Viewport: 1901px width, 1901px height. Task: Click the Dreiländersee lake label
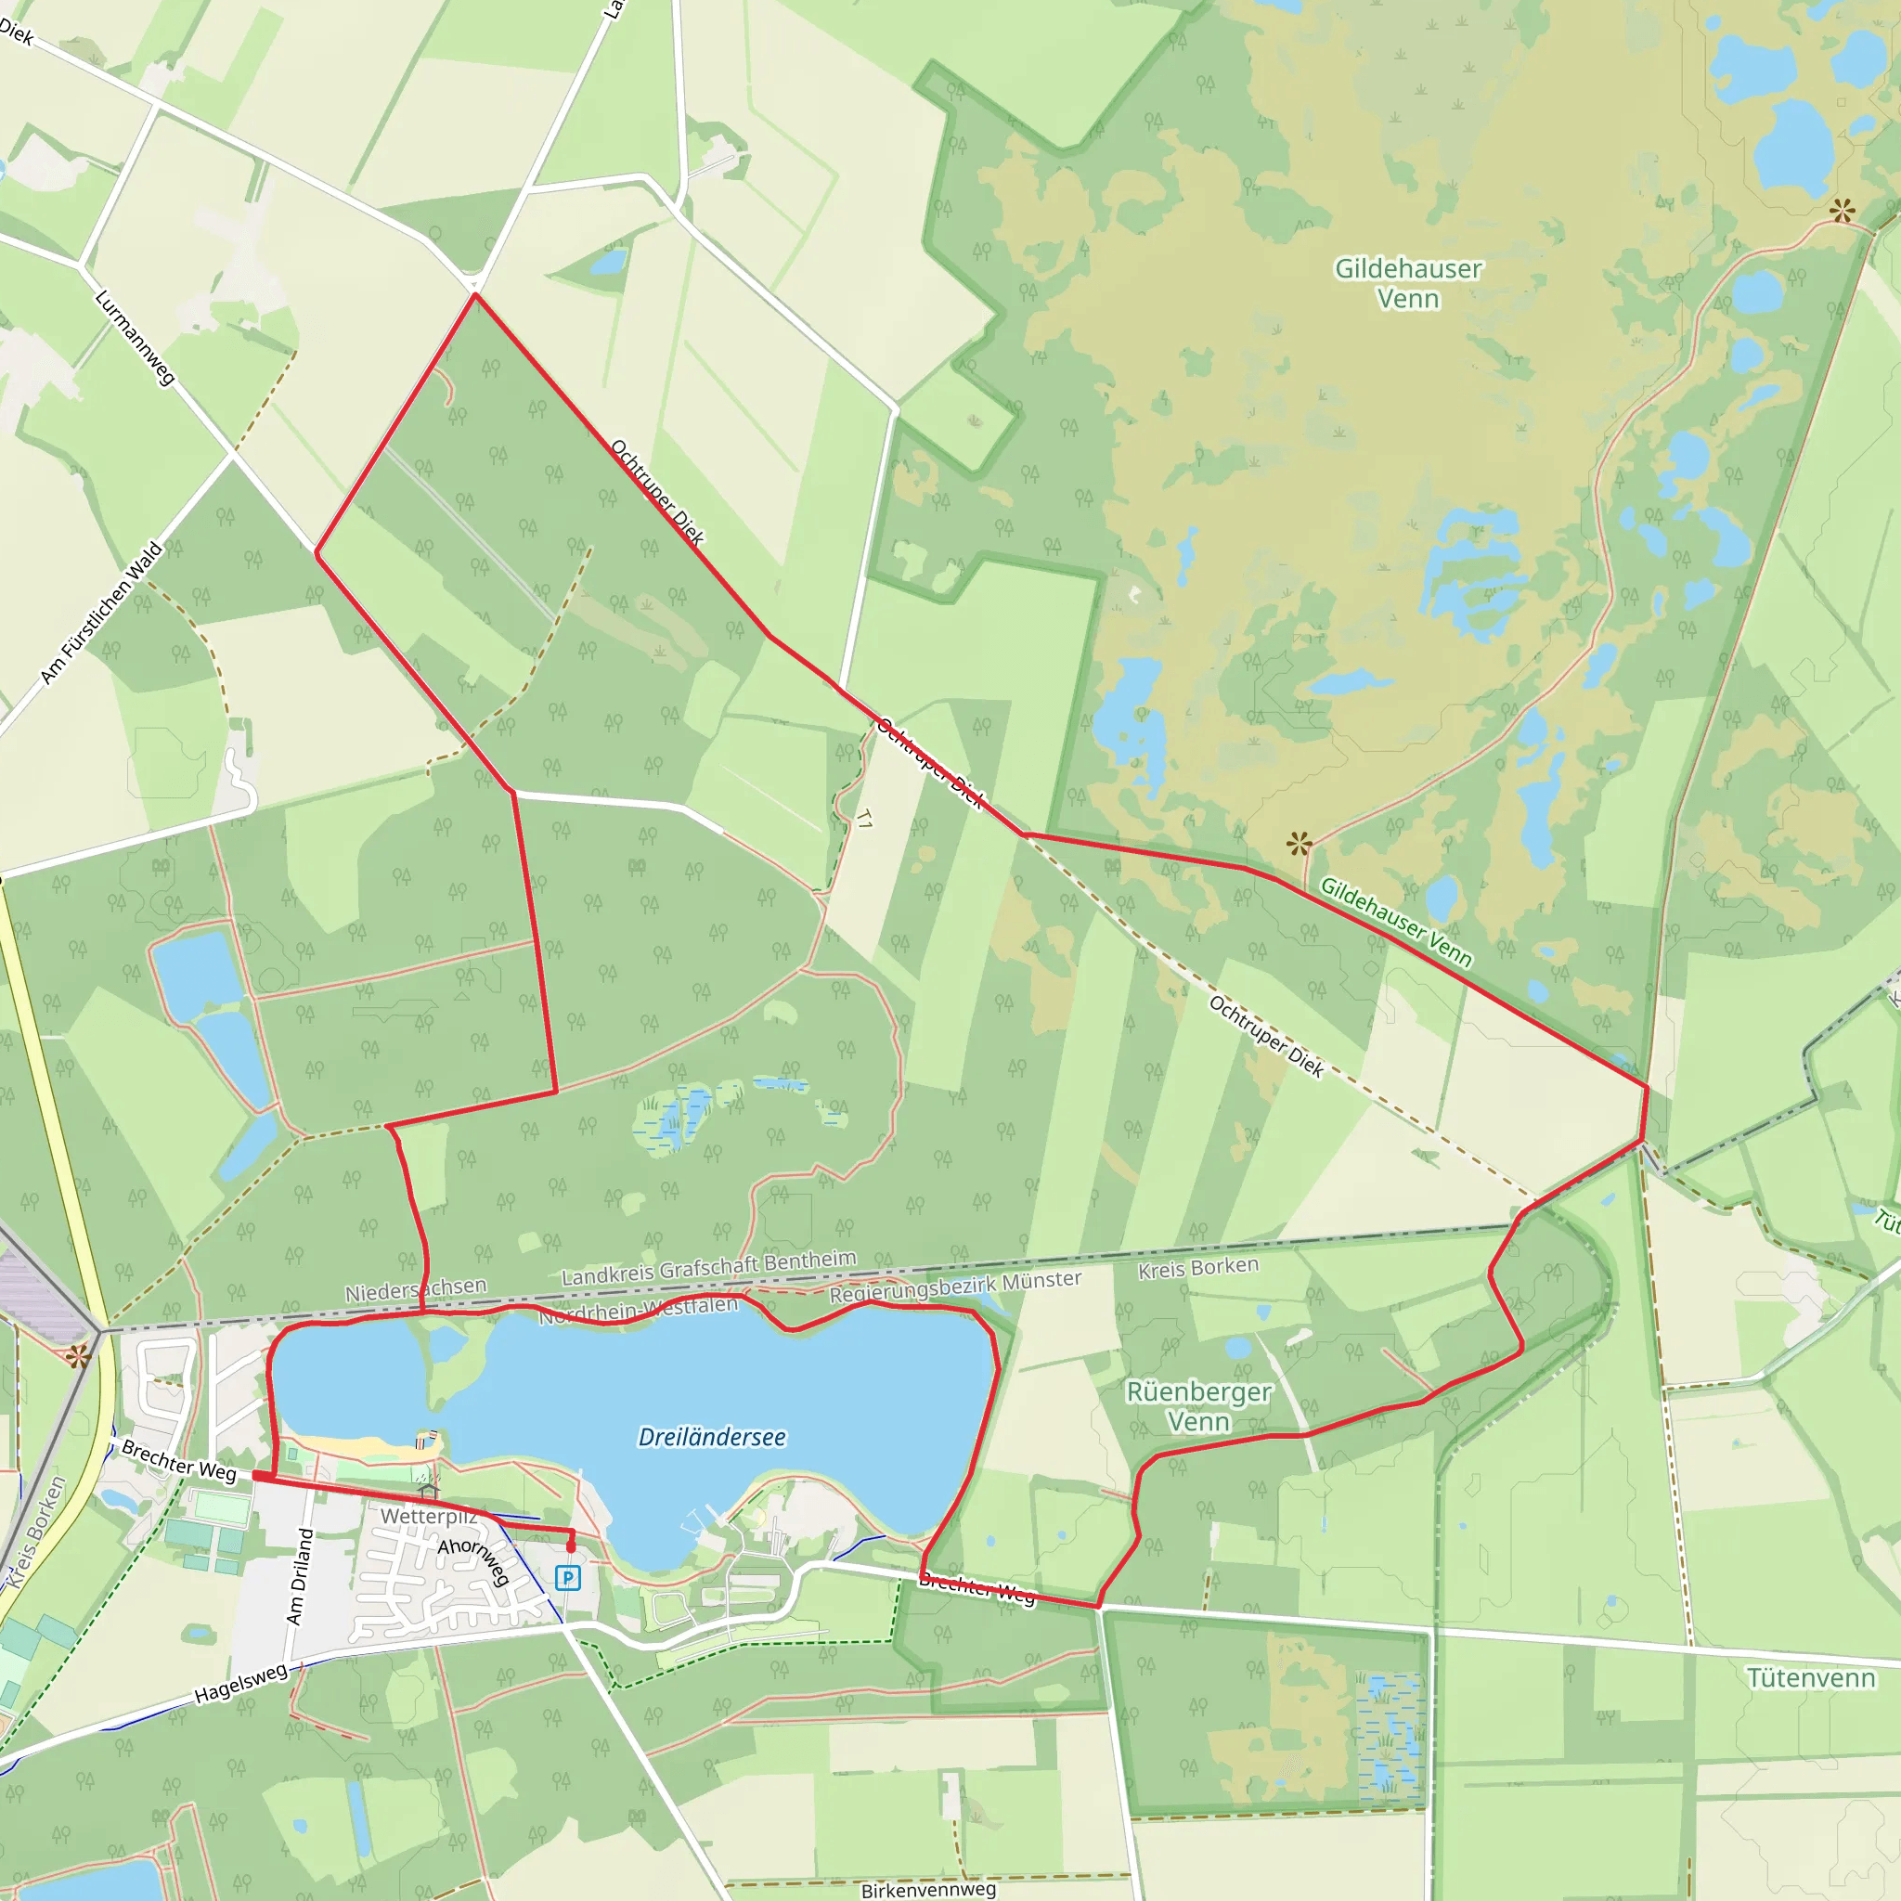click(x=711, y=1438)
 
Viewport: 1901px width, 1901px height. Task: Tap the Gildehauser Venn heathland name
click(x=1407, y=283)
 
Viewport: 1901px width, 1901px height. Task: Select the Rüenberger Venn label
click(x=1197, y=1407)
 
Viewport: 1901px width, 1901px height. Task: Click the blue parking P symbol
click(x=568, y=1578)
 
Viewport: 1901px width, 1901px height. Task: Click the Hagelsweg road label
click(x=240, y=1684)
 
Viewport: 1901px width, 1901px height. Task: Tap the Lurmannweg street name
click(x=135, y=338)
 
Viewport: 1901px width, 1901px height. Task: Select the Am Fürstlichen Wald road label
click(x=101, y=612)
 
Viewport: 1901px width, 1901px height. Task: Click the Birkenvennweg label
click(x=928, y=1889)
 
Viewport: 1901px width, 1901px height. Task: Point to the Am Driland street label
click(x=299, y=1576)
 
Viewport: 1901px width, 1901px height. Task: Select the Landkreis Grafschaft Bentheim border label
click(x=708, y=1267)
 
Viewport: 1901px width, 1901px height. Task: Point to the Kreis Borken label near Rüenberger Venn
click(x=1197, y=1267)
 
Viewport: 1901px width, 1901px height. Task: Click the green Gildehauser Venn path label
click(x=1395, y=922)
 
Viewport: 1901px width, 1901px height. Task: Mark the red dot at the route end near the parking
click(x=571, y=1547)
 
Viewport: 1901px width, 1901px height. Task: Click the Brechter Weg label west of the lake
click(x=179, y=1461)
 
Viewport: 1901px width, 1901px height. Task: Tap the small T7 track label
click(x=864, y=819)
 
